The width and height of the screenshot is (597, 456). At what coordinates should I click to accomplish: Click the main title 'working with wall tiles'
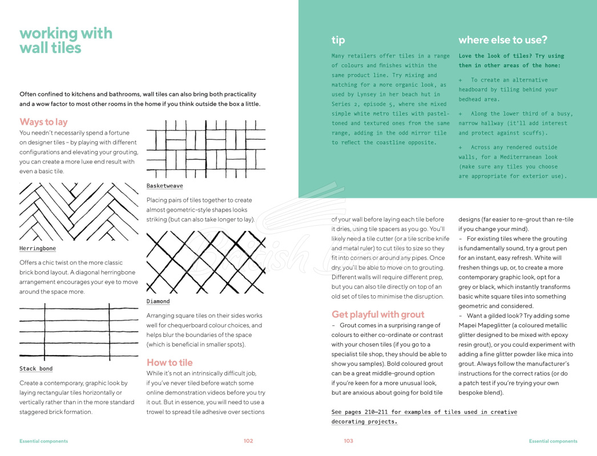[66, 40]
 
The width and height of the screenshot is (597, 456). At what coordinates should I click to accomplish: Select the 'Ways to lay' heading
[43, 122]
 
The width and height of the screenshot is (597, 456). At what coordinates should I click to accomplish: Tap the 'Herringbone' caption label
[38, 249]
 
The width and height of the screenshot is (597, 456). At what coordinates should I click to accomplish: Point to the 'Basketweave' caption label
[165, 186]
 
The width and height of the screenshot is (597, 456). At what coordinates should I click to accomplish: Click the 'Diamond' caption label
[158, 301]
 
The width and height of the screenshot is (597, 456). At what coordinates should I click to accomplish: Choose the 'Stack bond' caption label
[36, 369]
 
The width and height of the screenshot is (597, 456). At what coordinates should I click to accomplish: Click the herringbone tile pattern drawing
[79, 211]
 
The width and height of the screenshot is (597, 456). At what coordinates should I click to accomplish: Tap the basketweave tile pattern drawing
[206, 149]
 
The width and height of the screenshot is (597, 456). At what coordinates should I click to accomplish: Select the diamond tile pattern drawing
[206, 262]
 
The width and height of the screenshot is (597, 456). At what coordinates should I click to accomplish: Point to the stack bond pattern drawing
[79, 332]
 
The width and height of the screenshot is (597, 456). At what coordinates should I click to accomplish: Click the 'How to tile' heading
[170, 363]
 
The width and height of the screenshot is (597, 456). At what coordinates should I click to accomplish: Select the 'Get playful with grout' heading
[378, 315]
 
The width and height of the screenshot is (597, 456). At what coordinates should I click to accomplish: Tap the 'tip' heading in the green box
[338, 40]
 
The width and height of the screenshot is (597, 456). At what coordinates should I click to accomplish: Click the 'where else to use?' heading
[503, 40]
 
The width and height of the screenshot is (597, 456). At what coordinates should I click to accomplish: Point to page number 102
[248, 441]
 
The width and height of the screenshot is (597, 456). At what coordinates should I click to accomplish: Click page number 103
[348, 441]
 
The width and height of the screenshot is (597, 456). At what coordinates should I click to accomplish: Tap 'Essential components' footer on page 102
[44, 441]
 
